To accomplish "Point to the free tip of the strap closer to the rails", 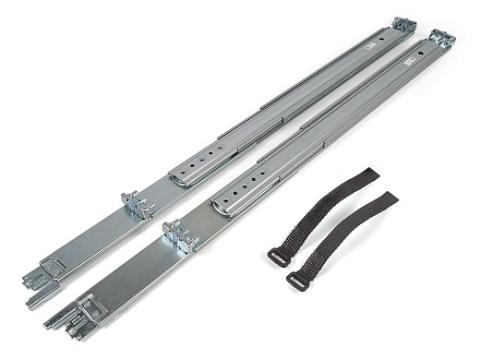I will coord(367,173).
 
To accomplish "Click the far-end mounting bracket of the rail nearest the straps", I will coord(441,38).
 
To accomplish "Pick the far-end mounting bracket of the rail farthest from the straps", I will coord(403,25).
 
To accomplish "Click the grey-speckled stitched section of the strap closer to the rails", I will coord(305,226).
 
